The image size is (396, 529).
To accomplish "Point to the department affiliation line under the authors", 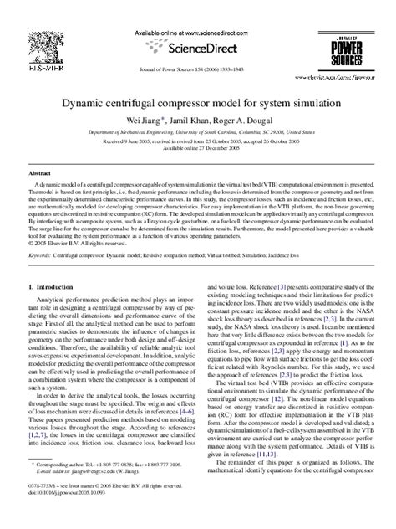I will pyautogui.click(x=197, y=131).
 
